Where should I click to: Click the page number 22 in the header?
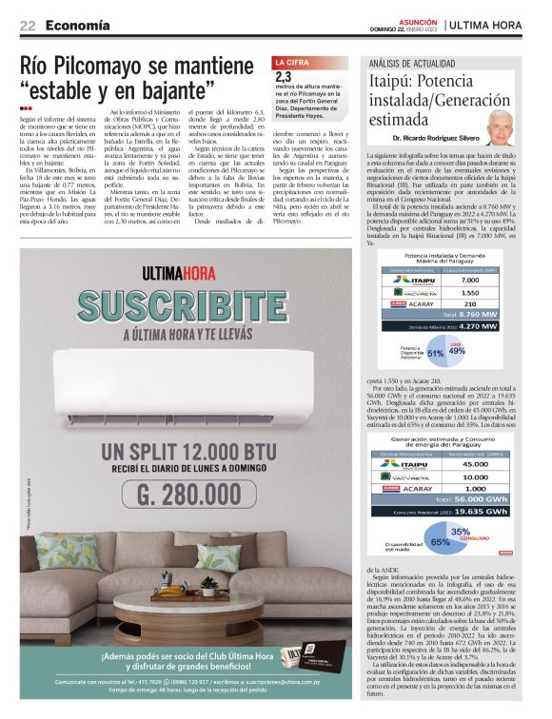pos(28,25)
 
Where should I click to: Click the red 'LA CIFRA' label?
pos(292,61)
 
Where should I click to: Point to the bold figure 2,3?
pos(284,76)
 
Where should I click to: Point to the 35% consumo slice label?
pos(460,532)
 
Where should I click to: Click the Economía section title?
pos(77,25)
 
